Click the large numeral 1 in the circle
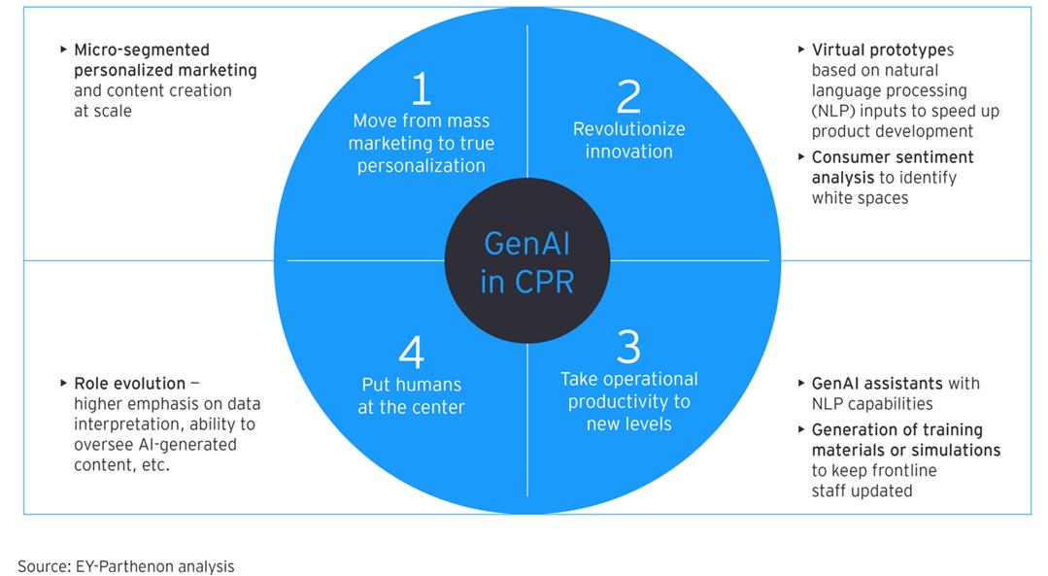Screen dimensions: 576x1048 pos(421,88)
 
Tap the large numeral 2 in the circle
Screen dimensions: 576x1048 pos(628,96)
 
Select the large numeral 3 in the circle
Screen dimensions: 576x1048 pos(628,347)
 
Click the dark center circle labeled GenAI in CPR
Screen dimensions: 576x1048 pos(526,260)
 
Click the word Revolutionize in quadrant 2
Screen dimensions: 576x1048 pos(628,129)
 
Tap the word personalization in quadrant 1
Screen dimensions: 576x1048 pos(421,165)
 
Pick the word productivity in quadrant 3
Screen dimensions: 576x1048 pos(628,401)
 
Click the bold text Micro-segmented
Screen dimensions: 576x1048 pos(142,50)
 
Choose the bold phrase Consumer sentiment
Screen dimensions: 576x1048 pos(893,156)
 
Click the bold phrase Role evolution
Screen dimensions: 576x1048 pos(130,384)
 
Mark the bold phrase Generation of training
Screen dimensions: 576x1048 pos(897,429)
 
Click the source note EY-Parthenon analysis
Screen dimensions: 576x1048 pos(154,565)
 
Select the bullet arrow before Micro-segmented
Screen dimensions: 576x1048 pos(64,50)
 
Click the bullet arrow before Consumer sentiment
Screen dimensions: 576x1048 pos(801,156)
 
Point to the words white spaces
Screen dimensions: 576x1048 pos(860,197)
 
